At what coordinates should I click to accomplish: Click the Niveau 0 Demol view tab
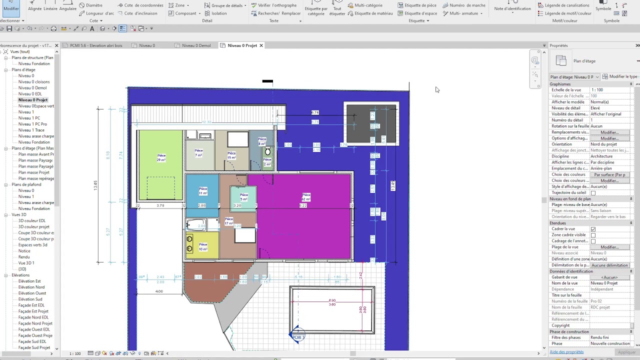[x=196, y=45]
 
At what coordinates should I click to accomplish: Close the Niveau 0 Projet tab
[x=261, y=45]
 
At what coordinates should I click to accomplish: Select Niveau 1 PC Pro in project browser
[x=32, y=124]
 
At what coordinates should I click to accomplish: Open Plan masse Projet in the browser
[x=33, y=172]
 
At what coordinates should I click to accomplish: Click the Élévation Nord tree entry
[x=31, y=287]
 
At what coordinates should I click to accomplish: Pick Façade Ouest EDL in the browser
[x=34, y=329]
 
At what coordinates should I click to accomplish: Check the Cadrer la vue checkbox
[x=593, y=229]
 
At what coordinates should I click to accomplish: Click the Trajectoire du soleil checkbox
[x=593, y=193]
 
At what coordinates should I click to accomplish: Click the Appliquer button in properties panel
[x=626, y=352]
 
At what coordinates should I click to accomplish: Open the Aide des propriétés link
[x=566, y=352]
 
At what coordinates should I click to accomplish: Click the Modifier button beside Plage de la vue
[x=609, y=247]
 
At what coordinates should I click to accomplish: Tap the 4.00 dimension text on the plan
[x=159, y=291]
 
